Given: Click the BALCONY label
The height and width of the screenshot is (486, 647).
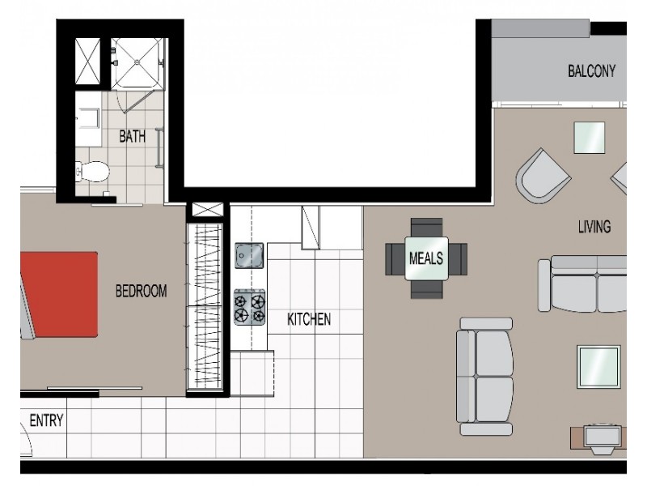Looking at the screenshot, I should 591,71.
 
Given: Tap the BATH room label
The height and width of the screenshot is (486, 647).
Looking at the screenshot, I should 133,136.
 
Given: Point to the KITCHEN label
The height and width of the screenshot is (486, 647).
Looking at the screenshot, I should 309,320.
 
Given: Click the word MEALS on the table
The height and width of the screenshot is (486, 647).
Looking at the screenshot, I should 426,258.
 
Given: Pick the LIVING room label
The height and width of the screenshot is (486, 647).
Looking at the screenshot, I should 594,226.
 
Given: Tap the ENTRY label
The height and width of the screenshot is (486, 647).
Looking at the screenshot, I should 46,420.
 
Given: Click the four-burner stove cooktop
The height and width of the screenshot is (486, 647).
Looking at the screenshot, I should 250,307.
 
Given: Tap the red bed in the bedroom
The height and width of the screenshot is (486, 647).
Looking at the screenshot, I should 59,293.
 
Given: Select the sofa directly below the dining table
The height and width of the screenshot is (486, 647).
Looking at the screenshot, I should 484,374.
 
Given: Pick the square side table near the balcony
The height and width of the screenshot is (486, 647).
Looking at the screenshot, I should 590,138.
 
